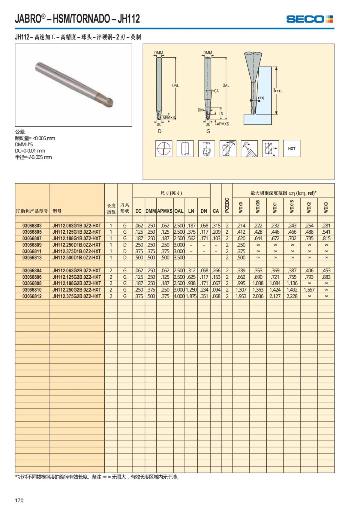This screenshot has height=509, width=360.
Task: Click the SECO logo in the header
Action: click(309, 19)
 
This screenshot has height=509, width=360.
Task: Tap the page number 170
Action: click(19, 500)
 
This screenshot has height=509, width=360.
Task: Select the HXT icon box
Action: click(292, 148)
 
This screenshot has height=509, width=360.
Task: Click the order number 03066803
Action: click(32, 226)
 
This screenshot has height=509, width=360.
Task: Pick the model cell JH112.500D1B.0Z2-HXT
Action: click(76, 258)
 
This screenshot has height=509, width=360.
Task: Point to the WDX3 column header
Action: click(326, 207)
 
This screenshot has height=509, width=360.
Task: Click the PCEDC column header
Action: click(227, 205)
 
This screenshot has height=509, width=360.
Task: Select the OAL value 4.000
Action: click(179, 296)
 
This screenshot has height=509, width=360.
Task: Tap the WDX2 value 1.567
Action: click(309, 290)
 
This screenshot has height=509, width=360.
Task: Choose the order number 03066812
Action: click(32, 296)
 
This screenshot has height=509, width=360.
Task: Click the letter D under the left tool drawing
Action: click(160, 131)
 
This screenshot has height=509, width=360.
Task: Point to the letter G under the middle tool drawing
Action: click(208, 131)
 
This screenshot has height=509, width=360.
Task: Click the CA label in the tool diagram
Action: click(216, 91)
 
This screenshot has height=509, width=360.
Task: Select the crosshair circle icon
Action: click(164, 148)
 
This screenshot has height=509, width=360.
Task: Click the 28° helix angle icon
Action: click(228, 148)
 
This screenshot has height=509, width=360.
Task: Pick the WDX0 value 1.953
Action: click(241, 296)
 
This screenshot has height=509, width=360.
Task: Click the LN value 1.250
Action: click(191, 290)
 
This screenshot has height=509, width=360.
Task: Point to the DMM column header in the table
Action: click(151, 211)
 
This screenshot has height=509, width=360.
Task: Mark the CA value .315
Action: click(216, 226)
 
